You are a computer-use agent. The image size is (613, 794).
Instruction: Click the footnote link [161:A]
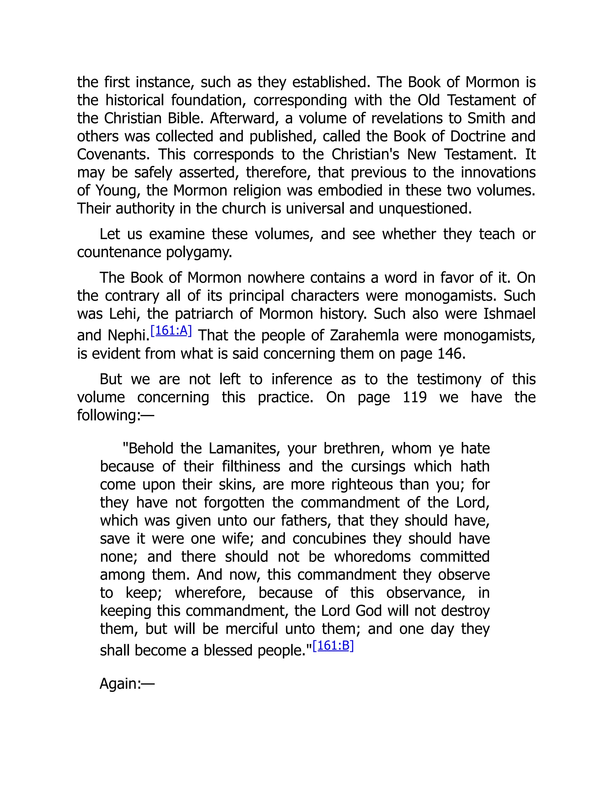click(171, 330)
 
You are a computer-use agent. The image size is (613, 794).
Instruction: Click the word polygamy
click(199, 252)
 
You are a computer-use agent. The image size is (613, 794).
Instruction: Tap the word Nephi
click(128, 335)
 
